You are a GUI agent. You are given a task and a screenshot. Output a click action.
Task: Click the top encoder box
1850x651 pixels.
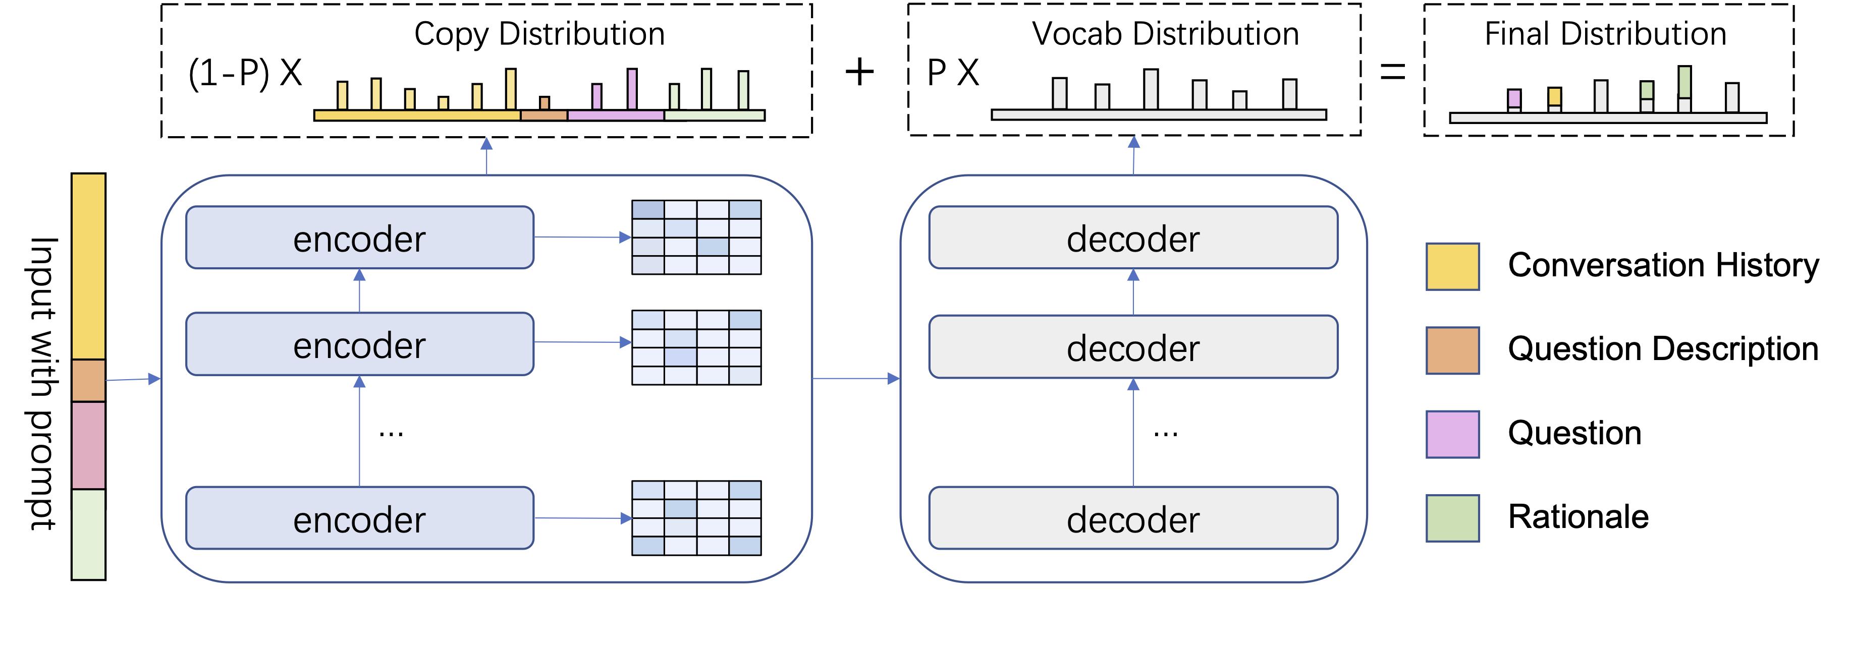pyautogui.click(x=359, y=238)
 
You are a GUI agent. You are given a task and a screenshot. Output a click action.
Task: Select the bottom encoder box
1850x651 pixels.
pyautogui.click(x=359, y=518)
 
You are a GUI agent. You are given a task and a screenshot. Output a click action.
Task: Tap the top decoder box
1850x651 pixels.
pyautogui.click(x=1132, y=238)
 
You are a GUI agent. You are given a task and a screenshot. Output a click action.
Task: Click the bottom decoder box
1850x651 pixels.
pyautogui.click(x=1132, y=518)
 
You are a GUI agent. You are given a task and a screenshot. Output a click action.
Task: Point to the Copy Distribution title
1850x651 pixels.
pyautogui.click(x=539, y=34)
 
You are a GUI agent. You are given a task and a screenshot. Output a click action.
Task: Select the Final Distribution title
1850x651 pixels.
pyautogui.click(x=1605, y=34)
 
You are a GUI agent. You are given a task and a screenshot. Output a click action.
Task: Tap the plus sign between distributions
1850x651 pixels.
pyautogui.click(x=859, y=72)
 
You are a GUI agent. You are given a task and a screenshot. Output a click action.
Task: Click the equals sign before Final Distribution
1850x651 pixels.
pyautogui.click(x=1392, y=72)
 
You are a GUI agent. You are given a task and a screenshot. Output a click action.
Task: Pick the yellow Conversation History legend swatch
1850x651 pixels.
pyautogui.click(x=1452, y=266)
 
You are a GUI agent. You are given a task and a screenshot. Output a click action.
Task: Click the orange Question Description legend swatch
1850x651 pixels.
pyautogui.click(x=1452, y=350)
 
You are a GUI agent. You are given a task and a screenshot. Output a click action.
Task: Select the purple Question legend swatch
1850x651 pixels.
pyautogui.click(x=1452, y=434)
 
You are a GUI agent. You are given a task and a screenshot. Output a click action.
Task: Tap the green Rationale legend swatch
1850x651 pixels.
pyautogui.click(x=1452, y=517)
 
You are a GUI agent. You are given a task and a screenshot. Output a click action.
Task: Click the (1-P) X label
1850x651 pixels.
pyautogui.click(x=245, y=73)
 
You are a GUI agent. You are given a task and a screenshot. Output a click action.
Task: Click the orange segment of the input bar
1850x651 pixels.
pyautogui.click(x=88, y=380)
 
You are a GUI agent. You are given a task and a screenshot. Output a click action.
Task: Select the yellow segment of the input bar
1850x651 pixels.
pyautogui.click(x=88, y=266)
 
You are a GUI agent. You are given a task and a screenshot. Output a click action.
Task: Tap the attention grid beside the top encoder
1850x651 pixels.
pyautogui.click(x=696, y=237)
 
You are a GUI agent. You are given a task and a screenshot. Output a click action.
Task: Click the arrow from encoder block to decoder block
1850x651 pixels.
pyautogui.click(x=855, y=378)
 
